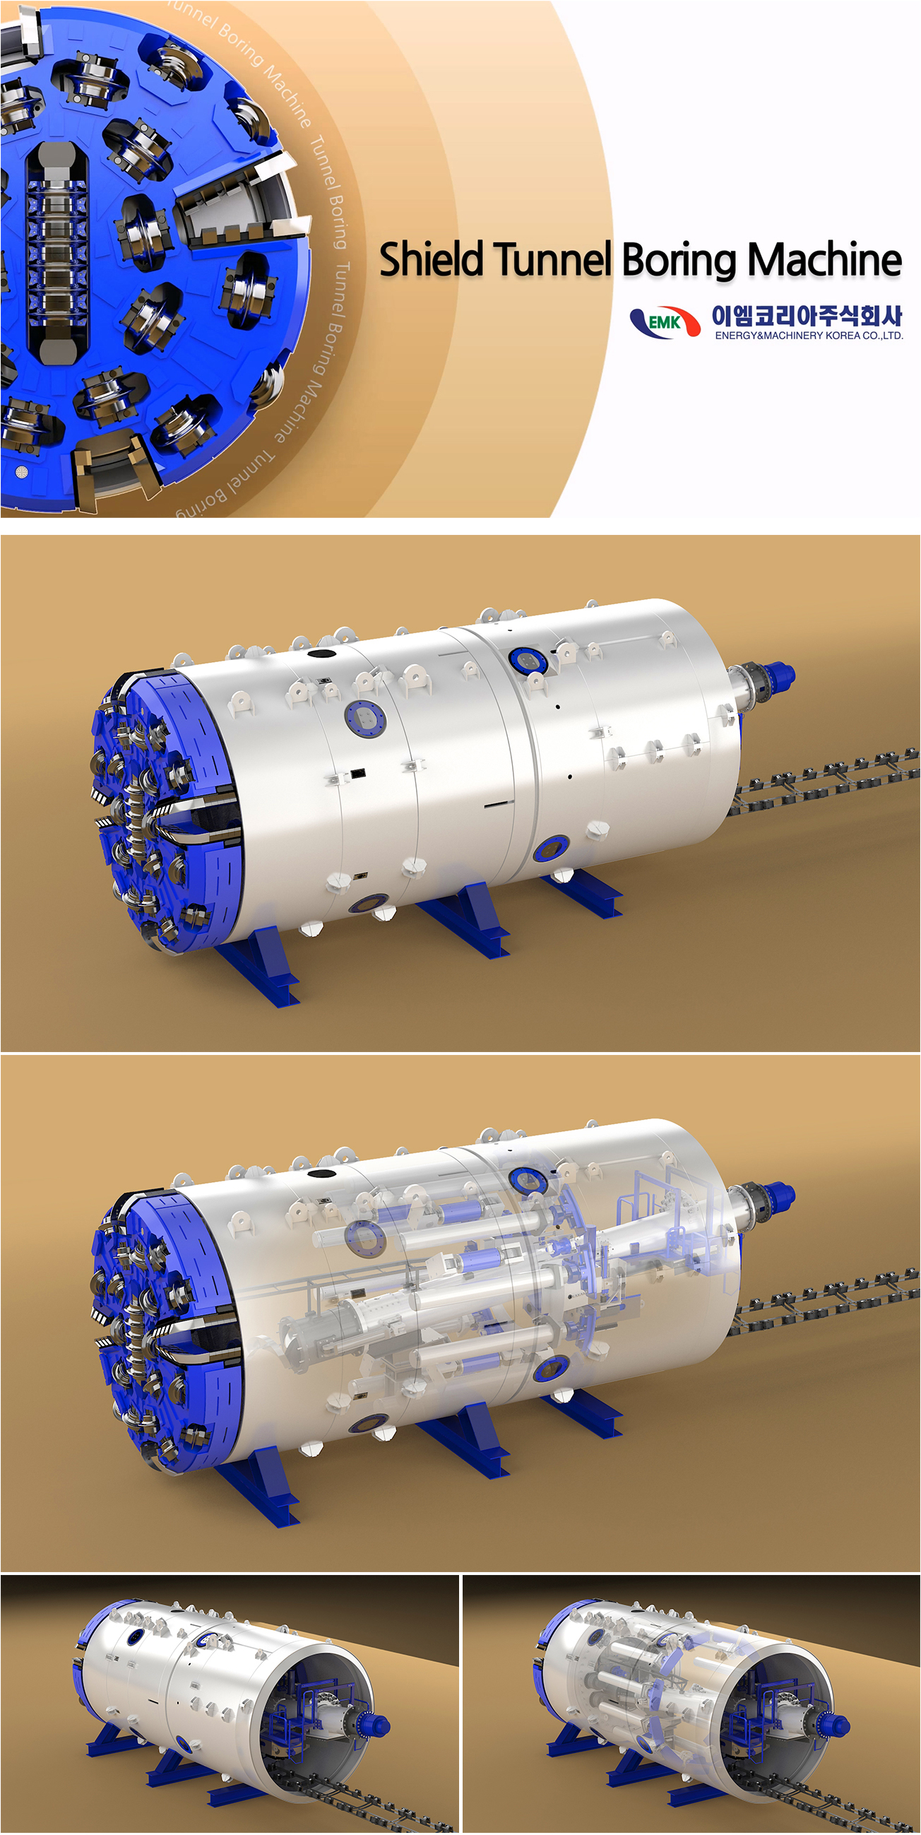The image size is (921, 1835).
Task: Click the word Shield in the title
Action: tap(433, 260)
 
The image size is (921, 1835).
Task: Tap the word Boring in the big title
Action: tap(678, 261)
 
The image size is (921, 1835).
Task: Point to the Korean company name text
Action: tap(807, 315)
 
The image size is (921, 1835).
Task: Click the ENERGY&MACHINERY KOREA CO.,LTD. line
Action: tap(809, 336)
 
